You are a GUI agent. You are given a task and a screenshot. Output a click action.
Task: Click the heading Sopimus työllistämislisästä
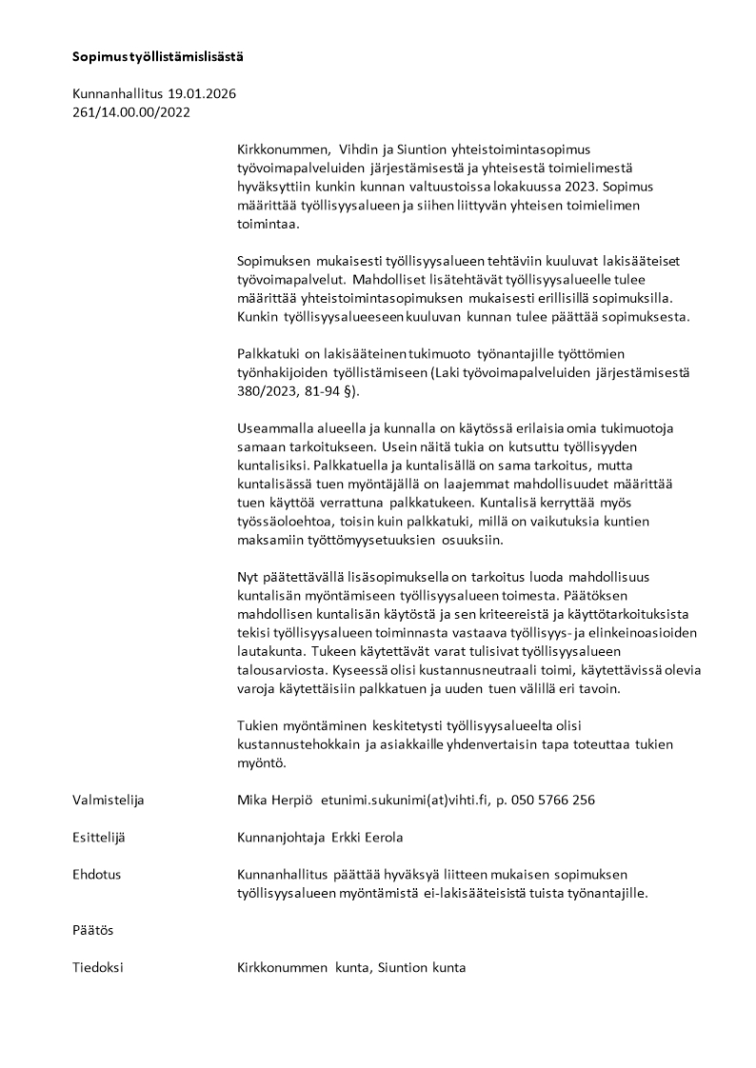(158, 56)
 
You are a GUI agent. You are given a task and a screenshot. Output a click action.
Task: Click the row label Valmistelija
(109, 800)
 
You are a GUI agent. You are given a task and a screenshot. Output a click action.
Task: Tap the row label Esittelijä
(100, 837)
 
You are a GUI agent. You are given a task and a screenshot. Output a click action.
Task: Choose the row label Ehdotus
(97, 874)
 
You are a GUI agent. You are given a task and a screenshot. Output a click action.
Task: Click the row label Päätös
(93, 929)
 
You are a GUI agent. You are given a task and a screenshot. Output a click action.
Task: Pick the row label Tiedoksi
(98, 967)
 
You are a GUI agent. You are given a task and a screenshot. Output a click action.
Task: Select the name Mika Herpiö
(275, 800)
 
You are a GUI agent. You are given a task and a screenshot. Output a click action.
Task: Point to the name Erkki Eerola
(367, 837)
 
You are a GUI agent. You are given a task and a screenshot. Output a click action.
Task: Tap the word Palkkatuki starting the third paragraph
(269, 354)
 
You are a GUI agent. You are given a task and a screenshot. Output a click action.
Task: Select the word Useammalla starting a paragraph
(274, 428)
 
